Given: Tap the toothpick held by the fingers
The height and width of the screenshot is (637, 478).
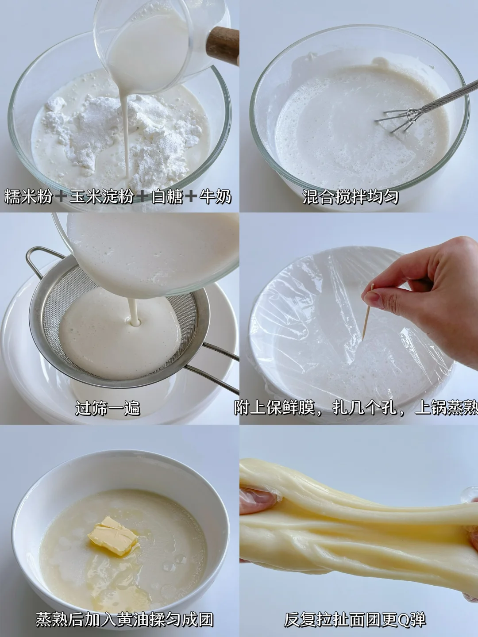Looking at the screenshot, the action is (368, 311).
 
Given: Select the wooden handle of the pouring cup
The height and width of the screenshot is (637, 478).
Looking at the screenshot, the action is (222, 46).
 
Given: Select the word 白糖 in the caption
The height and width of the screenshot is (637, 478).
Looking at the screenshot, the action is (167, 197).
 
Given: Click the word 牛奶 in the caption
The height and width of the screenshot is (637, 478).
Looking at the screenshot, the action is (215, 197).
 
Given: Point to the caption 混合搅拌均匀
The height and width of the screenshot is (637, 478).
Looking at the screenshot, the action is (350, 197).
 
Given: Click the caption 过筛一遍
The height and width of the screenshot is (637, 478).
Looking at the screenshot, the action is (108, 408).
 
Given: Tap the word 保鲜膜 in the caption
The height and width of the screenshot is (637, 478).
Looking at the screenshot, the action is (290, 408).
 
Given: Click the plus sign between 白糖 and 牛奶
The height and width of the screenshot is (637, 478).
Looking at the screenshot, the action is (191, 197).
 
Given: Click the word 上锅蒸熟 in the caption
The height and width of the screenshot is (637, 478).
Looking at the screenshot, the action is (447, 408).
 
